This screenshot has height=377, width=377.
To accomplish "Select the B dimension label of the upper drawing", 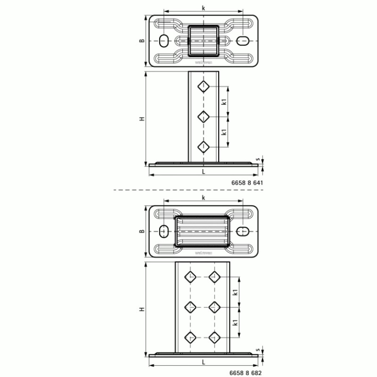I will [x=141, y=41].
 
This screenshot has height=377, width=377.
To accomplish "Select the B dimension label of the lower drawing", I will [x=141, y=231].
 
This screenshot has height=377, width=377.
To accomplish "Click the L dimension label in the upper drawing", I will [x=203, y=172].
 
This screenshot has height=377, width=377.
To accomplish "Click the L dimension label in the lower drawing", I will [x=203, y=363].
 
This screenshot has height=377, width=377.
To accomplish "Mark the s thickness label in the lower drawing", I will [x=257, y=350].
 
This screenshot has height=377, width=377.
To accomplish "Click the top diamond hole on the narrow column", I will [x=203, y=86].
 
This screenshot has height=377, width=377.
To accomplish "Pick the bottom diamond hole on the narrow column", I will [x=203, y=147].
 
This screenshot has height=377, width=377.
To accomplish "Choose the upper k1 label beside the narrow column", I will [x=224, y=101].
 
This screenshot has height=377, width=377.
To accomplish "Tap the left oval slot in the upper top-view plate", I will [x=163, y=41].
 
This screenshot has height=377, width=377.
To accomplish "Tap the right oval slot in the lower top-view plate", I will [x=244, y=231].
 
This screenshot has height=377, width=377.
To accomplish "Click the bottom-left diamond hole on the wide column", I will [x=191, y=336].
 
